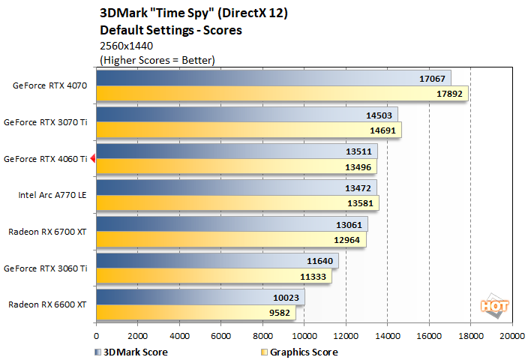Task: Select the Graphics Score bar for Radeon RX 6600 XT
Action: [195, 312]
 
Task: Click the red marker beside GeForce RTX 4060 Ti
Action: [93, 158]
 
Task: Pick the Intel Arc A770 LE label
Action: [53, 195]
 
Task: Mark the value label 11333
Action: [313, 275]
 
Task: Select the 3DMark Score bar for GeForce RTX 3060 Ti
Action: [217, 261]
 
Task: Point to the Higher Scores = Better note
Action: [157, 59]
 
